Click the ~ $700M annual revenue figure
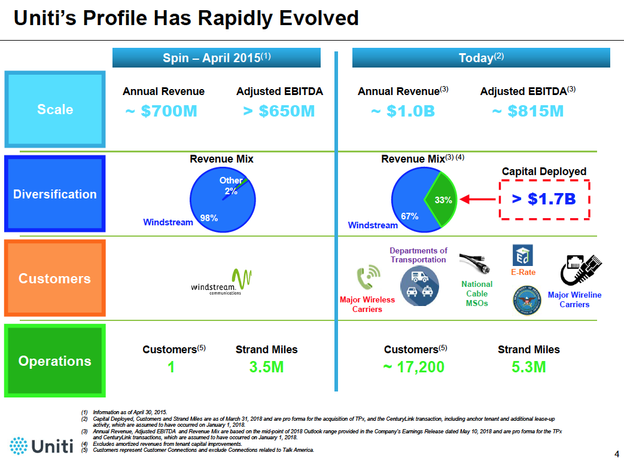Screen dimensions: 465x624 click(162, 112)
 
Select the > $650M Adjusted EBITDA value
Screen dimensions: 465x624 click(279, 112)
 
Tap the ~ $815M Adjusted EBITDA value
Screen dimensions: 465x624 click(528, 112)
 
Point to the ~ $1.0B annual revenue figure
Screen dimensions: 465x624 click(403, 112)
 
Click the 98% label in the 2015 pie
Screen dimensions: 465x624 click(209, 218)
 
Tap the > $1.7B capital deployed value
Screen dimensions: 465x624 click(544, 199)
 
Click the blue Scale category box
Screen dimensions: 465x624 click(55, 109)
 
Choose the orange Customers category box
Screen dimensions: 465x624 click(55, 279)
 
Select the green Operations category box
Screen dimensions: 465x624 click(55, 361)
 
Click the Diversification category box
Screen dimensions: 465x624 click(55, 194)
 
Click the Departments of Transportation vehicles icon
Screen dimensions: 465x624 click(419, 286)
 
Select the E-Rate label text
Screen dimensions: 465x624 click(523, 272)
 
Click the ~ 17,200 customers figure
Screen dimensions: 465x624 click(414, 367)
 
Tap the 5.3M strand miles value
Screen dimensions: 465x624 click(529, 367)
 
